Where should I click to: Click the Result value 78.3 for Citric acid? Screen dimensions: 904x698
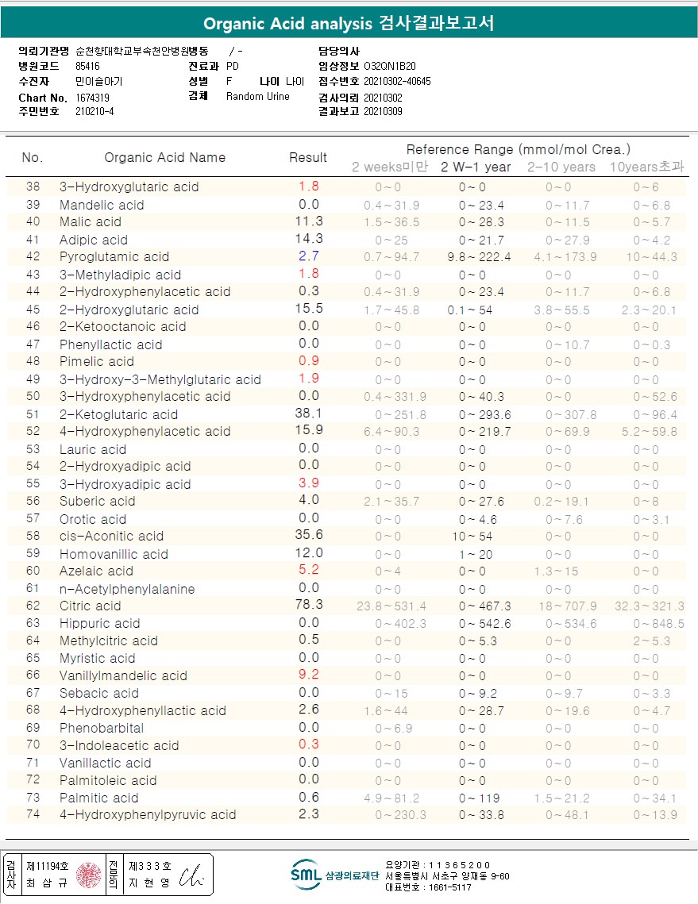coord(308,606)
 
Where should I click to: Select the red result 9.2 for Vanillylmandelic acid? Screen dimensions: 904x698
coord(308,675)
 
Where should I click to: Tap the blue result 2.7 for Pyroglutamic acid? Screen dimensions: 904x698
coord(308,256)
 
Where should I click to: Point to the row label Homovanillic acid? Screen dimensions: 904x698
coord(114,554)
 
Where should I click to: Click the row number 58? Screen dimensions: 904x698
coord(33,537)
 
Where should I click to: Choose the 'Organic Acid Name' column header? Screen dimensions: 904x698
coord(165,157)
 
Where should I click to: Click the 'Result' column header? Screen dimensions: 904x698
coord(308,157)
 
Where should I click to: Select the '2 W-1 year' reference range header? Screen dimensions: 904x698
coord(476,167)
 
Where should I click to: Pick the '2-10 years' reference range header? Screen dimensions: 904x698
coord(561,167)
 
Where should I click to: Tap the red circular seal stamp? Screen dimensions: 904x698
coord(87,875)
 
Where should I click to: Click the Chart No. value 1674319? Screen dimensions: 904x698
coord(93,98)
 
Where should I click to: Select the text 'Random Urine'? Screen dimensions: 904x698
coord(258,97)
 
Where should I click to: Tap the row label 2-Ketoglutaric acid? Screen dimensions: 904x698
coord(118,414)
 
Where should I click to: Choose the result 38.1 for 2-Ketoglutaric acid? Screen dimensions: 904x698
coord(308,414)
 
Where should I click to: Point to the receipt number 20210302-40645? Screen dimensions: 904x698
coord(397,82)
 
